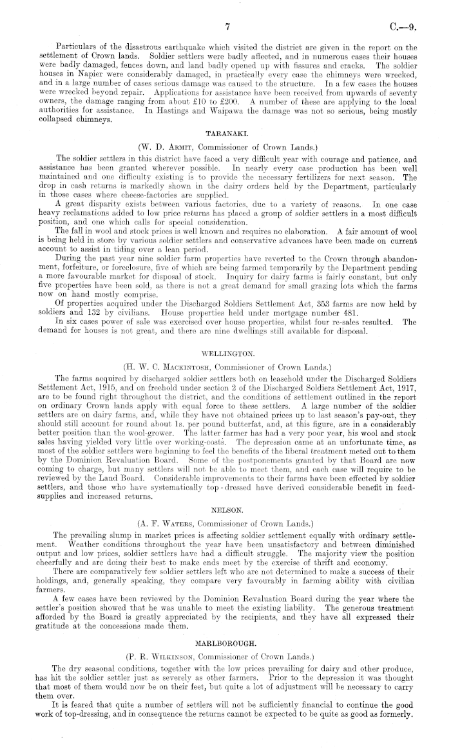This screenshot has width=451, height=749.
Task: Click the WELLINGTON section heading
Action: point(224,354)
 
